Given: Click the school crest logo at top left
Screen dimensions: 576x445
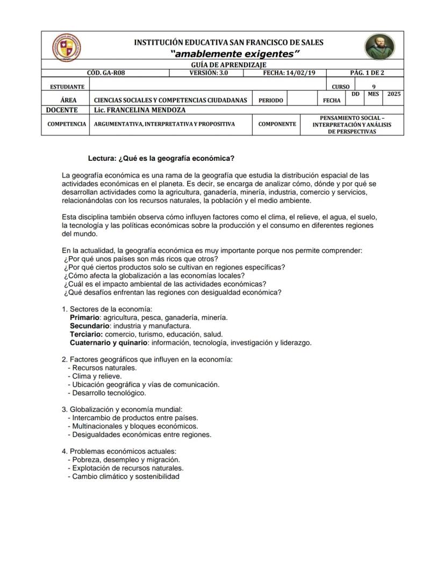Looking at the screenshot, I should pyautogui.click(x=67, y=47).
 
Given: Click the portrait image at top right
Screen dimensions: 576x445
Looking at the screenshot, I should pyautogui.click(x=379, y=47).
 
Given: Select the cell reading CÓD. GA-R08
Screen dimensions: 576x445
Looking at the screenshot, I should pyautogui.click(x=106, y=73).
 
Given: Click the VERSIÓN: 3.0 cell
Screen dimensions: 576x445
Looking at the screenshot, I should pyautogui.click(x=209, y=73).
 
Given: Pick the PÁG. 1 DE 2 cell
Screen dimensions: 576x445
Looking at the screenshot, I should pyautogui.click(x=367, y=73).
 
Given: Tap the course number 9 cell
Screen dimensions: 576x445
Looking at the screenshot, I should pyautogui.click(x=374, y=87).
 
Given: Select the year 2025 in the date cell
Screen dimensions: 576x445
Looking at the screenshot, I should pyautogui.click(x=393, y=94).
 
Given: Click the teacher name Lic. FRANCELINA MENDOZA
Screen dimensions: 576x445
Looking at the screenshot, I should pyautogui.click(x=139, y=110).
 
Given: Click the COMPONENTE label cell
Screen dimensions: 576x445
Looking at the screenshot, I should pyautogui.click(x=277, y=124).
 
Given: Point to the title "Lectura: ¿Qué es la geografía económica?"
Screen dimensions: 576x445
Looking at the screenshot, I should pyautogui.click(x=161, y=159).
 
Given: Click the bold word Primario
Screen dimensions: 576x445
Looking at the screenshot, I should pyautogui.click(x=85, y=318).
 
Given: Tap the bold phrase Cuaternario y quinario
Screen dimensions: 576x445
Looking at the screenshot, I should pyautogui.click(x=109, y=343).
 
